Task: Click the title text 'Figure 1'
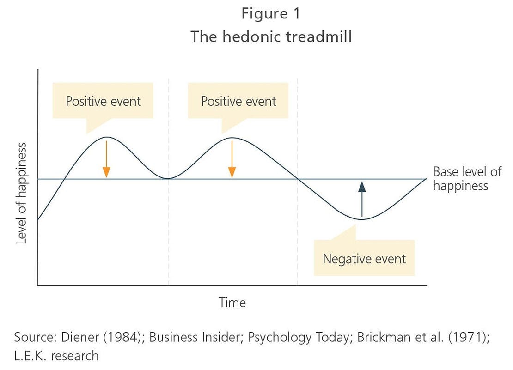click(270, 14)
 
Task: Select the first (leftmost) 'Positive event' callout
click(103, 101)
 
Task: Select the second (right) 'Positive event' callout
click(238, 101)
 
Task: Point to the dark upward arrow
click(362, 199)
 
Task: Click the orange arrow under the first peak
click(106, 159)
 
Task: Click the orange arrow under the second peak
click(232, 159)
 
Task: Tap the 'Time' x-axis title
click(232, 303)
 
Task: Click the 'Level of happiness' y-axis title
click(21, 193)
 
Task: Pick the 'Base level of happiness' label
click(467, 178)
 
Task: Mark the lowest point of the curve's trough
click(361, 219)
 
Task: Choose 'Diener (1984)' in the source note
click(103, 337)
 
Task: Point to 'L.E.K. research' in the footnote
click(56, 356)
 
